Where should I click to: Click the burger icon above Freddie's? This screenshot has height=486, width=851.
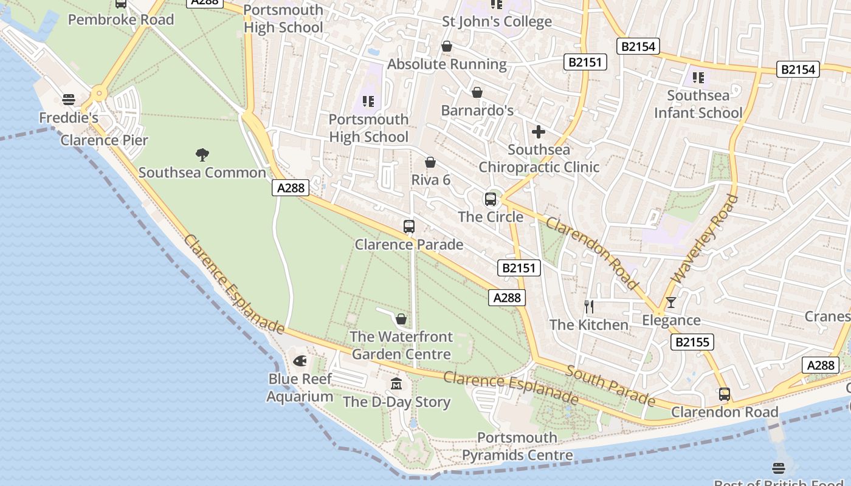pyautogui.click(x=68, y=99)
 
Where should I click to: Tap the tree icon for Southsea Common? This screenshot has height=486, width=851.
pyautogui.click(x=202, y=154)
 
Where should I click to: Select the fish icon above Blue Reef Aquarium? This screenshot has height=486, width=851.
pyautogui.click(x=300, y=361)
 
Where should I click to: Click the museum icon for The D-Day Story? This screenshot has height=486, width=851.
pyautogui.click(x=396, y=383)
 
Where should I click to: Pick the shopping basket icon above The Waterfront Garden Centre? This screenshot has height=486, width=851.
pyautogui.click(x=401, y=318)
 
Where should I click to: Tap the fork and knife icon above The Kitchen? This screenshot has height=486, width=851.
pyautogui.click(x=588, y=306)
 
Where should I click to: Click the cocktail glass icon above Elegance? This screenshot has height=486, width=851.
pyautogui.click(x=671, y=302)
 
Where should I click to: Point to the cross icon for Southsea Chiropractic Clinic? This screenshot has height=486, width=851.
pyautogui.click(x=539, y=131)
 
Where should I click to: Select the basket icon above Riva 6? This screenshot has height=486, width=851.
pyautogui.click(x=430, y=162)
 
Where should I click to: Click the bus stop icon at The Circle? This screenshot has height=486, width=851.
pyautogui.click(x=490, y=199)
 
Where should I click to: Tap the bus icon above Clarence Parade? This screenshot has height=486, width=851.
pyautogui.click(x=409, y=227)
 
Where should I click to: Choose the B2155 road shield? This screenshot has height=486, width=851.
pyautogui.click(x=692, y=342)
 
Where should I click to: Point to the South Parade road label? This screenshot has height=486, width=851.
pyautogui.click(x=611, y=386)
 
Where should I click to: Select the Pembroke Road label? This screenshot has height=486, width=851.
pyautogui.click(x=121, y=19)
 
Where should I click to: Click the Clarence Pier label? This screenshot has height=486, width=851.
pyautogui.click(x=104, y=140)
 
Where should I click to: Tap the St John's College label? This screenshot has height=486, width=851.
pyautogui.click(x=497, y=22)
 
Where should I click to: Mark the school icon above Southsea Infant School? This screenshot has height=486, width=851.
pyautogui.click(x=698, y=78)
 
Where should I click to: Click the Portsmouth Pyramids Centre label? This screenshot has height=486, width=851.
pyautogui.click(x=517, y=447)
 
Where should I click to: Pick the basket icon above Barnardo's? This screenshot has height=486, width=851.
pyautogui.click(x=477, y=92)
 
